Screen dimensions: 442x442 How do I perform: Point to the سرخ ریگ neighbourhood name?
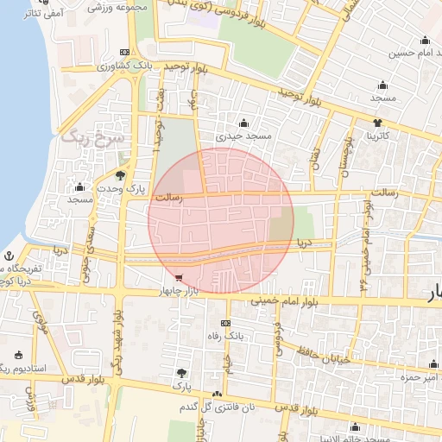click(93, 137)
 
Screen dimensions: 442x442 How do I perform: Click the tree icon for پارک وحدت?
click(120, 176)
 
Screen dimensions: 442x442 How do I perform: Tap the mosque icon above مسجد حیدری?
click(244, 123)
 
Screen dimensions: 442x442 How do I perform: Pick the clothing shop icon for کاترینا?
click(377, 123)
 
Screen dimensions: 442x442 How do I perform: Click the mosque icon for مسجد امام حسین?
click(425, 41)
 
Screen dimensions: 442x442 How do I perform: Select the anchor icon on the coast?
click(9, 256)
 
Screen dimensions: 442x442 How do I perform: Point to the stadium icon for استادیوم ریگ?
click(18, 355)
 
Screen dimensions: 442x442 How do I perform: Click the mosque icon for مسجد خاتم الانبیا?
click(355, 426)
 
